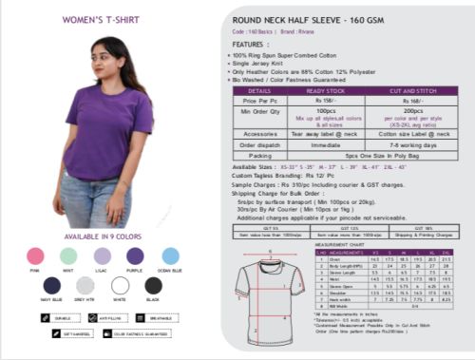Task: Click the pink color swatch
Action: tap(35, 256)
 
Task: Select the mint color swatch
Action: tap(68, 256)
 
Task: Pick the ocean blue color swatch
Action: tap(170, 256)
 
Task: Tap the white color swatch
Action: tap(120, 285)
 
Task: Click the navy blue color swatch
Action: tap(51, 285)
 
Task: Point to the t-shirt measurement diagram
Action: tap(262, 289)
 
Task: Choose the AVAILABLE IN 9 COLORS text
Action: tap(102, 236)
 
